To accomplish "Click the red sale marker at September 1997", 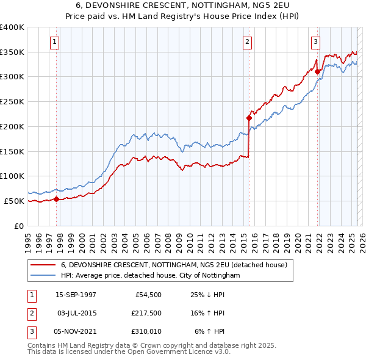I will (x=57, y=198).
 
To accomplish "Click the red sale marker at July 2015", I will (x=249, y=118).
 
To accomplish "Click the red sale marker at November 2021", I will (x=318, y=71).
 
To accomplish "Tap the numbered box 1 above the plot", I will (x=55, y=42).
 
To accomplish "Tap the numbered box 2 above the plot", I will (x=247, y=42).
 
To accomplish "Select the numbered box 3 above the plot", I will (x=315, y=42).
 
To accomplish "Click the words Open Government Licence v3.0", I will (x=182, y=352).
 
